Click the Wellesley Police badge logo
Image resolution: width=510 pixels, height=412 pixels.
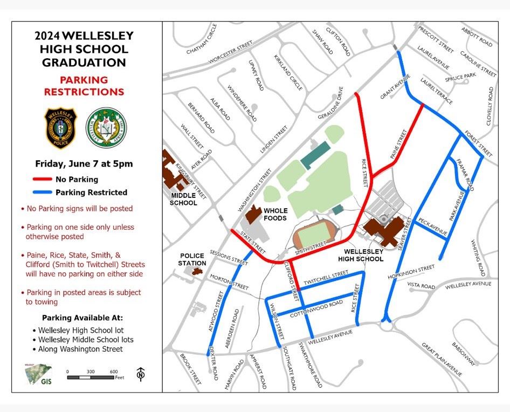(x=60, y=128)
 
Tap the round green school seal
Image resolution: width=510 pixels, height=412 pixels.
(x=107, y=128)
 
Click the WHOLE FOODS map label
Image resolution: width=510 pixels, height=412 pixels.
(x=275, y=214)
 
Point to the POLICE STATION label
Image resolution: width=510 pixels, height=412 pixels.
(x=192, y=259)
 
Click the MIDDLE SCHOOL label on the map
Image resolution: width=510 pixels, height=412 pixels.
(x=183, y=199)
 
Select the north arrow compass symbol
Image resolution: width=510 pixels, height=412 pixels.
(x=141, y=373)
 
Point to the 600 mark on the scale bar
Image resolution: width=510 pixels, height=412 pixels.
(x=114, y=372)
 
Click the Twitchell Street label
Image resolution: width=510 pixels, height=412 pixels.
(x=326, y=279)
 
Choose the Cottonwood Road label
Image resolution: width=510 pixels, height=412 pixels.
(x=316, y=310)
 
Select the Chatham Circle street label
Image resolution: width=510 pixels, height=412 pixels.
(x=201, y=38)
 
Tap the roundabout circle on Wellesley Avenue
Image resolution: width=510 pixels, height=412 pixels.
(x=386, y=326)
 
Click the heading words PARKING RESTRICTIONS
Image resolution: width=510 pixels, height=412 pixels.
(x=84, y=86)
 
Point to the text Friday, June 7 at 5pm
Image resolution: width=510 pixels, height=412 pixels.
(x=84, y=163)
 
